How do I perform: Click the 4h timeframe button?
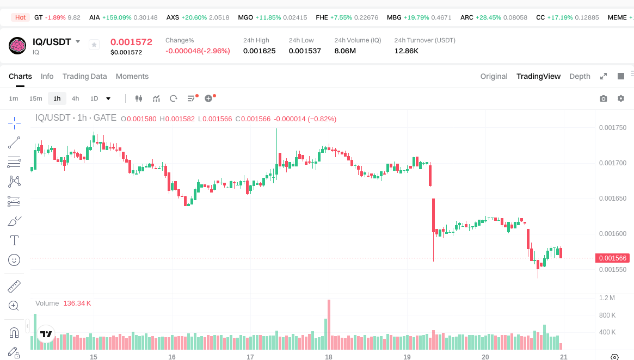[x=75, y=98]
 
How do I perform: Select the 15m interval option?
[x=35, y=98]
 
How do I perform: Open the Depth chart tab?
[x=580, y=76]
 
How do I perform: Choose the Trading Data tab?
[x=84, y=76]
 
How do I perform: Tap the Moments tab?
[x=132, y=76]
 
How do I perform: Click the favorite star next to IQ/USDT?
[x=94, y=45]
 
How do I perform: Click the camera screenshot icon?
[x=604, y=98]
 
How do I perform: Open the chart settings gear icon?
[x=621, y=98]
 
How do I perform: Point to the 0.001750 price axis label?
[x=612, y=128]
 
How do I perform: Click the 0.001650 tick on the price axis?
[x=612, y=198]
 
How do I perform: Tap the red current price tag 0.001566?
[x=612, y=258]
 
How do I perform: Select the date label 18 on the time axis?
[x=329, y=357]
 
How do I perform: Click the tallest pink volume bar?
[x=329, y=324]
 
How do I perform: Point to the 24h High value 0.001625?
[x=259, y=51]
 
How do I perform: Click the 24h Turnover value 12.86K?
[x=407, y=51]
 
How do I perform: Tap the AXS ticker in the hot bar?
[x=173, y=17]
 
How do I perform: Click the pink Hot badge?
[x=21, y=17]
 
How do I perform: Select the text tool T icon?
[x=14, y=240]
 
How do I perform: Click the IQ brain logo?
[x=17, y=46]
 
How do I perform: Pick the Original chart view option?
[x=494, y=76]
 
